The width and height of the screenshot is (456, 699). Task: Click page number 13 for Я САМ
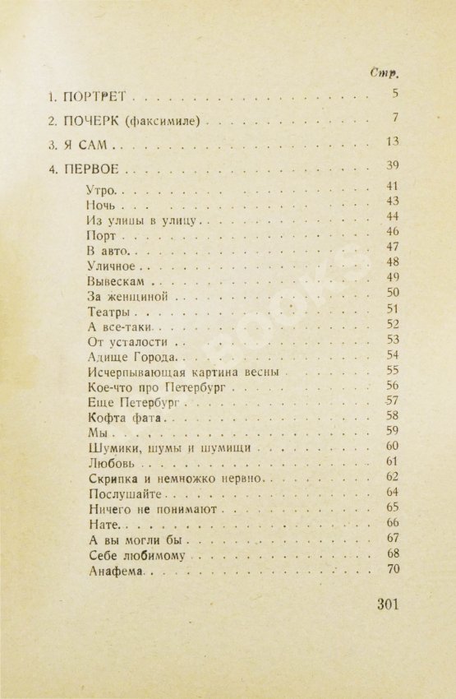391,143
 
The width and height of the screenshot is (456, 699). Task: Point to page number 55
392,371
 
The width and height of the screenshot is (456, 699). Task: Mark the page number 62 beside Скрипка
392,478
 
